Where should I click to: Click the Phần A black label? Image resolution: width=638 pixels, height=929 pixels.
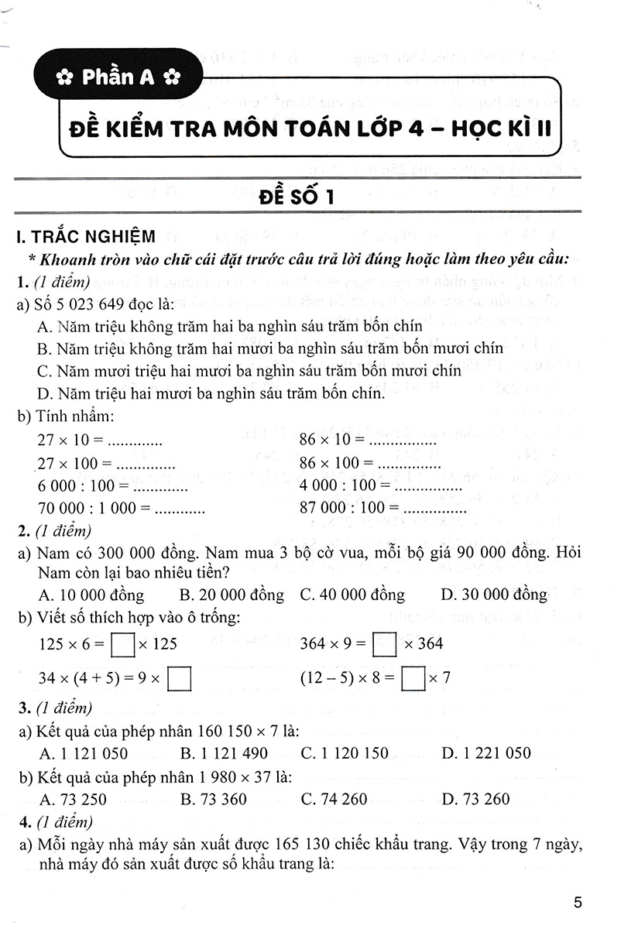coord(119,78)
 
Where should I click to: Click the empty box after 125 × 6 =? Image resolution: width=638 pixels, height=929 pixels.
coord(123,644)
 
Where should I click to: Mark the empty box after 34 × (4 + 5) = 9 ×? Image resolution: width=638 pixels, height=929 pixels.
coord(180,680)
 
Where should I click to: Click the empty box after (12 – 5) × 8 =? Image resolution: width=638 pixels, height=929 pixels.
coord(415,680)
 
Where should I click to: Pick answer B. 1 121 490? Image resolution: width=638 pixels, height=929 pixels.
coord(224,752)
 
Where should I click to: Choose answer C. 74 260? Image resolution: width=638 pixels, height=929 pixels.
coord(334,799)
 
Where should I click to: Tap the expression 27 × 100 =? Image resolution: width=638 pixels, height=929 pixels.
coord(75,464)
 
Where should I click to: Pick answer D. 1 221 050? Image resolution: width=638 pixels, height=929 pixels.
coord(486,752)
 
